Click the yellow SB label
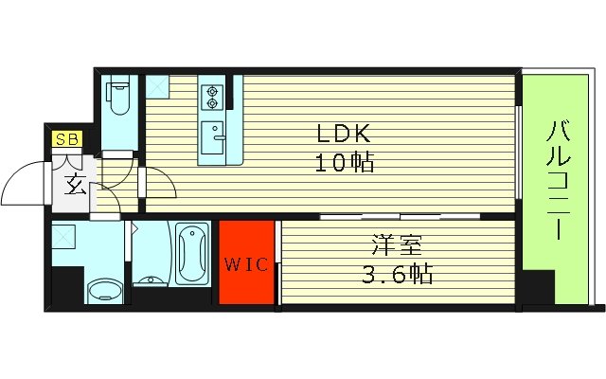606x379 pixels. pyautogui.click(x=66, y=140)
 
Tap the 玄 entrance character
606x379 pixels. pyautogui.click(x=76, y=185)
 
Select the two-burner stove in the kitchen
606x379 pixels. pyautogui.click(x=211, y=96)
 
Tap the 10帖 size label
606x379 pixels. pyautogui.click(x=345, y=163)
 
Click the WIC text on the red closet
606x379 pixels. pyautogui.click(x=246, y=263)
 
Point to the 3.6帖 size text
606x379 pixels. pyautogui.click(x=396, y=276)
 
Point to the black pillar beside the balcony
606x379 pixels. pyautogui.click(x=537, y=288)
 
